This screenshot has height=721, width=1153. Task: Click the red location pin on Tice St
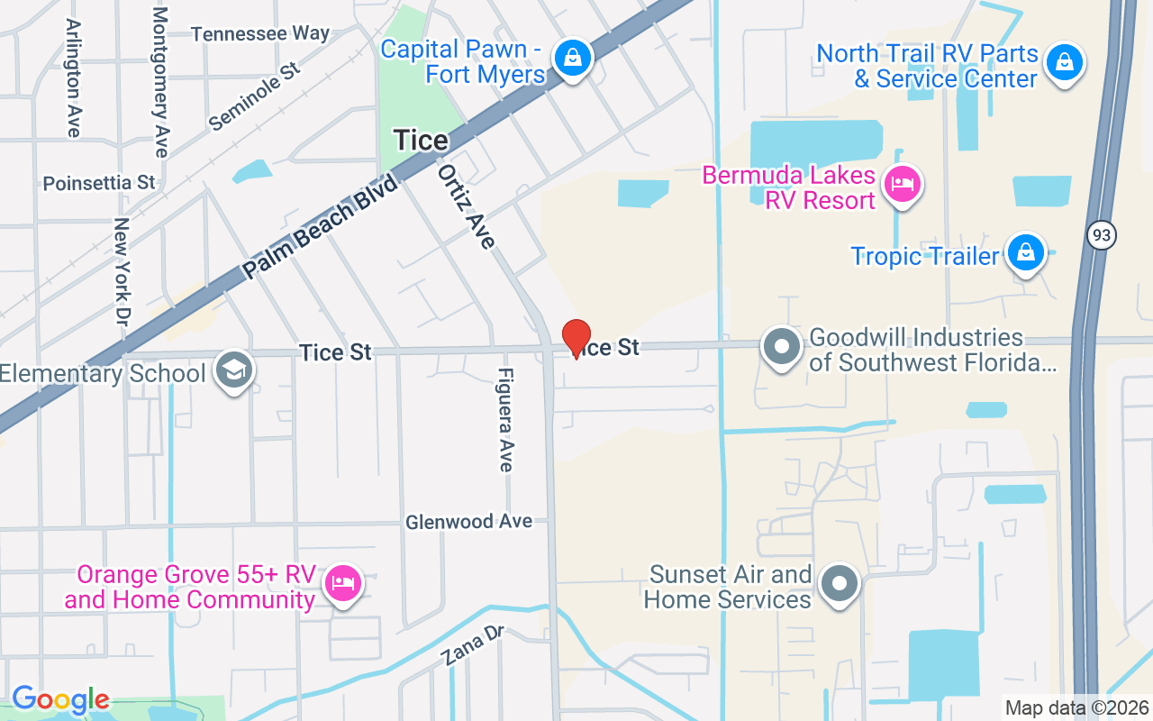(x=576, y=338)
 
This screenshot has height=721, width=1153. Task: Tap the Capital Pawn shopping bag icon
(x=571, y=59)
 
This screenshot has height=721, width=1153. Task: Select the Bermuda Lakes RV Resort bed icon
(x=902, y=186)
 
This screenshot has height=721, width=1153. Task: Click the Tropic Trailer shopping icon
(x=1025, y=252)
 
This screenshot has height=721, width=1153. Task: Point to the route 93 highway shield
(x=1101, y=235)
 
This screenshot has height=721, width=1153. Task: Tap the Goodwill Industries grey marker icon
(x=782, y=346)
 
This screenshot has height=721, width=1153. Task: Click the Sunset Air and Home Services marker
(x=840, y=583)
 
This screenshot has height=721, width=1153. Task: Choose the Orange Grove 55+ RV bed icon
(x=343, y=582)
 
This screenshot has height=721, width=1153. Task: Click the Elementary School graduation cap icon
(x=234, y=370)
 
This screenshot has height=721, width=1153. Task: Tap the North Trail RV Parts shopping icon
(x=1064, y=62)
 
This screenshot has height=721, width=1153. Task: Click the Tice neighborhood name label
(x=421, y=141)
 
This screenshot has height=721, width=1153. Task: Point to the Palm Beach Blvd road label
(x=320, y=227)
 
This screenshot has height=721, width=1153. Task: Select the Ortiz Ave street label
(x=467, y=205)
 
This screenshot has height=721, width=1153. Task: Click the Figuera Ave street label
(x=505, y=419)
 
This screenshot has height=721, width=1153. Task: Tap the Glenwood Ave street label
(x=468, y=522)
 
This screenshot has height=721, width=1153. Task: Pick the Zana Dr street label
(x=474, y=645)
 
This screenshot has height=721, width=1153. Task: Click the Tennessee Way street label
(x=260, y=34)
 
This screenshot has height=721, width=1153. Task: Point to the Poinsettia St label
(x=99, y=183)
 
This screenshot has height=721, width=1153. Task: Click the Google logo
(x=60, y=699)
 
